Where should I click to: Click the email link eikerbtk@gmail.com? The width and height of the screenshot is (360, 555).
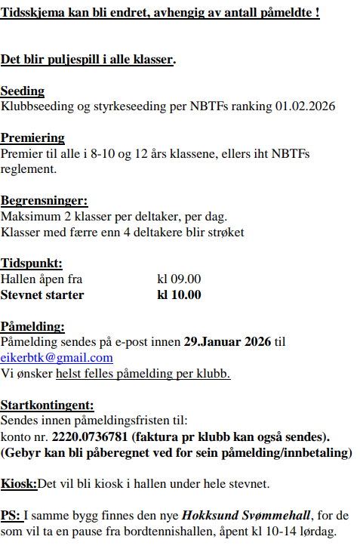click(57, 358)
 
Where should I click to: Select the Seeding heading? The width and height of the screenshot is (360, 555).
click(23, 91)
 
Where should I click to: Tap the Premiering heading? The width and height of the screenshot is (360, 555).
click(32, 138)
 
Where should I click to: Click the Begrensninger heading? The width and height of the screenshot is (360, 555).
click(44, 201)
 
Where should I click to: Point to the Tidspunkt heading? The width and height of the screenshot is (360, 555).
click(31, 264)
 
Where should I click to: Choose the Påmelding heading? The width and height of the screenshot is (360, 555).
click(33, 327)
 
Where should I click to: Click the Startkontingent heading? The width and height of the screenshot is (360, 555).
click(48, 405)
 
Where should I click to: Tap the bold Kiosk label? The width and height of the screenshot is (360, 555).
click(19, 483)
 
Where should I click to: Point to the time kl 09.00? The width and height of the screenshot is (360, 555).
click(178, 279)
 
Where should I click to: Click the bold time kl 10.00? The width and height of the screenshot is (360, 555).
click(179, 294)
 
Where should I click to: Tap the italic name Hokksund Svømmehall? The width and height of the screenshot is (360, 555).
click(247, 516)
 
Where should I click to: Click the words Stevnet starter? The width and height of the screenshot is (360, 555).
click(42, 294)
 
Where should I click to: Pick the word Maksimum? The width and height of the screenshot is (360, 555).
click(29, 217)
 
